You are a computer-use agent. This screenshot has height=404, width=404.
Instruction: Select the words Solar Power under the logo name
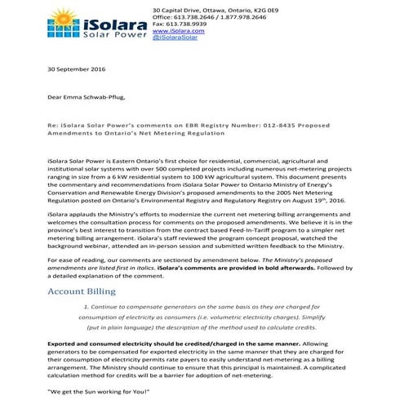[113, 37]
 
